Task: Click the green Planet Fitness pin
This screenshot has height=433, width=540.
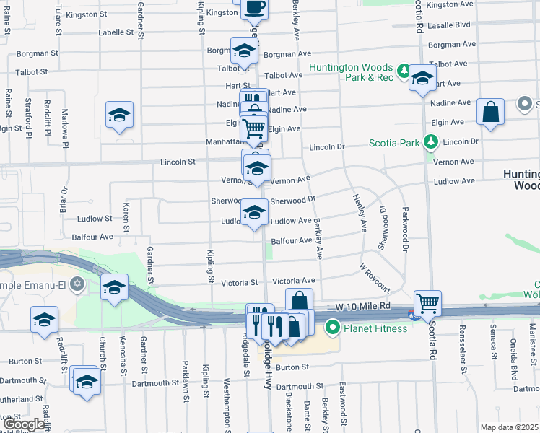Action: (333, 328)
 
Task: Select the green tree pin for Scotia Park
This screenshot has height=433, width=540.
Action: (432, 142)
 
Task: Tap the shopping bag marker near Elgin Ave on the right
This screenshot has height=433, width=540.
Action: (490, 112)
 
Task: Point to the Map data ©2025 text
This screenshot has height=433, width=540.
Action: (510, 427)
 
